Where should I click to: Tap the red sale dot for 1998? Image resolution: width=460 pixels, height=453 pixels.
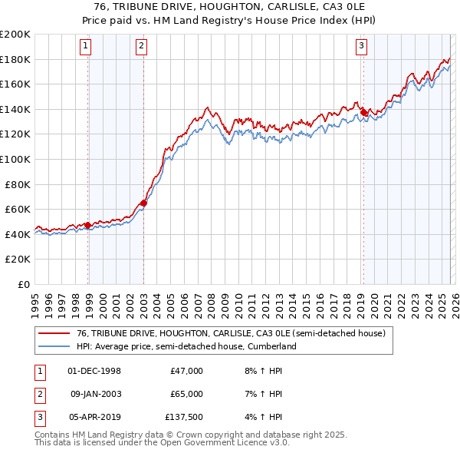(x=88, y=226)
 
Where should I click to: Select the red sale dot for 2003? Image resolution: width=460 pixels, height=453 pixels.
(x=143, y=203)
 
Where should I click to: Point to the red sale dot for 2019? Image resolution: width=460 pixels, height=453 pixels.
(x=363, y=112)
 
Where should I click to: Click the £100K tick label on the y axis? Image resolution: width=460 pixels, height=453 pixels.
(x=15, y=159)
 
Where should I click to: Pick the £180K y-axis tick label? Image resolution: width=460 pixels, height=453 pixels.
(x=15, y=59)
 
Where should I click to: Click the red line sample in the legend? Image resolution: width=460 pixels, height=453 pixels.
(x=55, y=333)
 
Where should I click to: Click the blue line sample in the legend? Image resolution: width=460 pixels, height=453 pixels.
(x=55, y=346)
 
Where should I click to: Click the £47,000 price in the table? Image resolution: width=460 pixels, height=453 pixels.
(x=186, y=371)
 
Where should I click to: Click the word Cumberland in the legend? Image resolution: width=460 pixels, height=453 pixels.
(x=270, y=346)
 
